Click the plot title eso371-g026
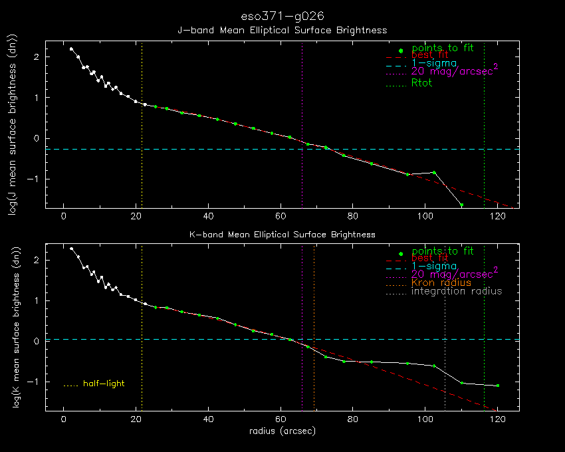(x=282, y=16)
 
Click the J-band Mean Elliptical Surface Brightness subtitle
(x=282, y=31)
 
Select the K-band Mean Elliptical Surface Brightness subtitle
(x=282, y=235)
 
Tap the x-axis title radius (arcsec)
(x=282, y=431)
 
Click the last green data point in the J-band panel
(x=461, y=205)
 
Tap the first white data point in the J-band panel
(x=71, y=49)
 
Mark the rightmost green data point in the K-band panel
(x=498, y=386)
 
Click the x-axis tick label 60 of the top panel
(x=281, y=216)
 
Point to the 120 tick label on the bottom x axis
(x=498, y=419)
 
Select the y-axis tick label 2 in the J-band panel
(x=37, y=57)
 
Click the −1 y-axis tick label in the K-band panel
(x=33, y=382)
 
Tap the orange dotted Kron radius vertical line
(x=314, y=328)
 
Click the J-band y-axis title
(x=13, y=125)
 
